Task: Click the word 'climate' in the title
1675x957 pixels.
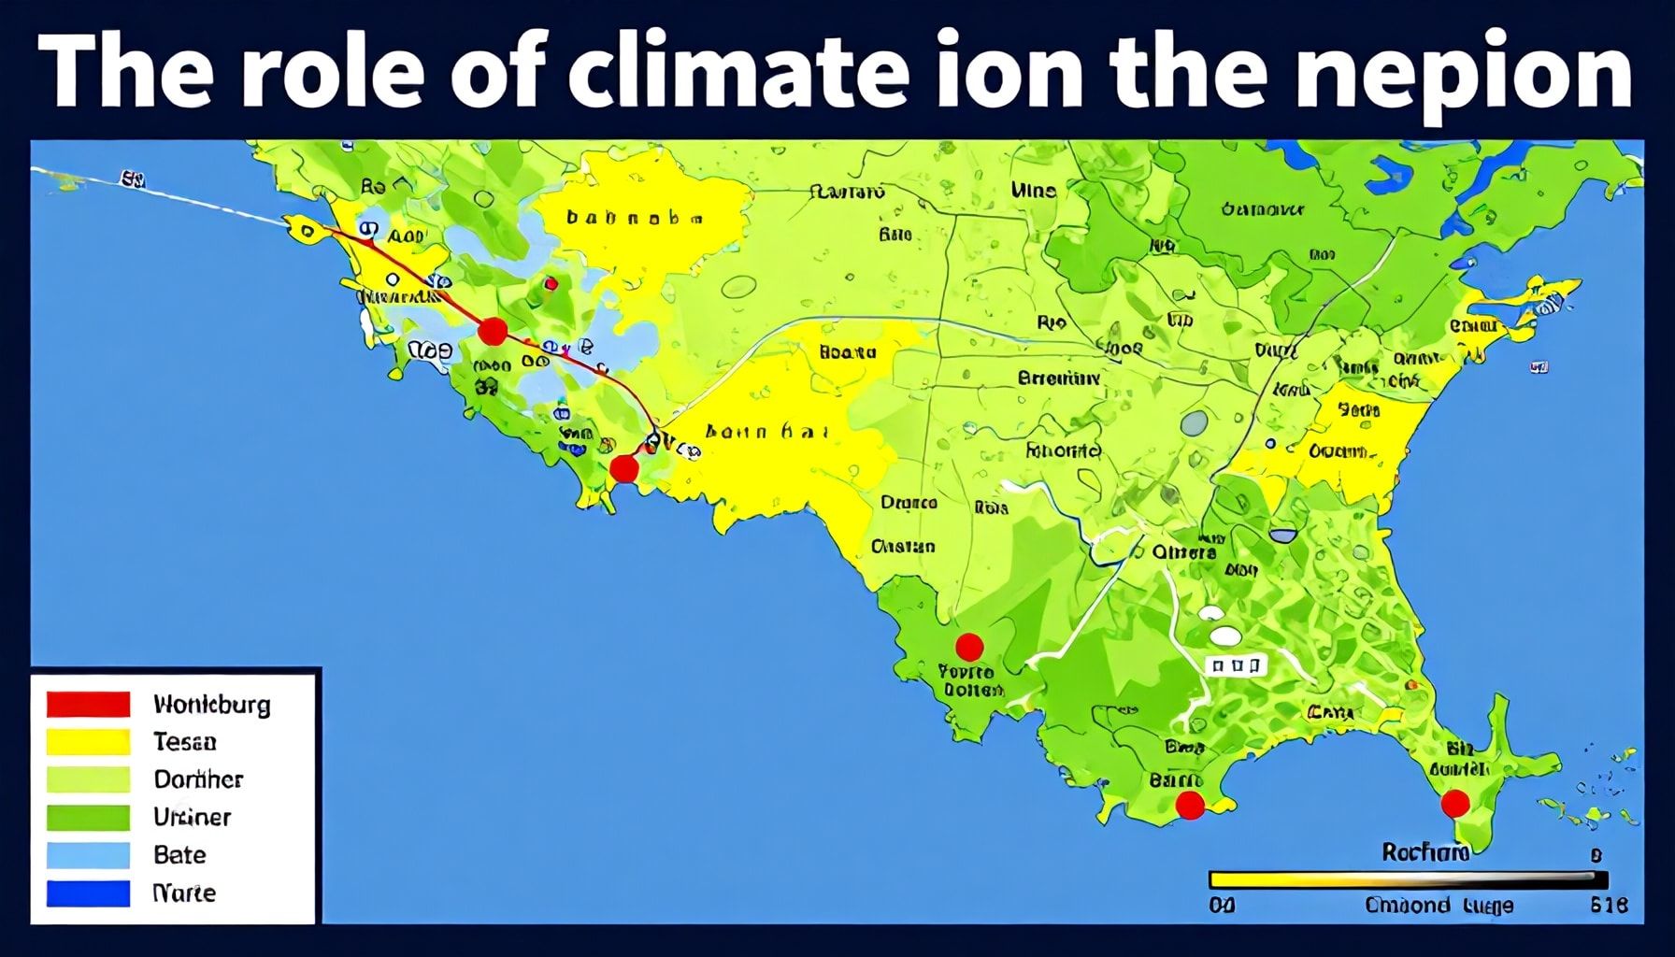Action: pyautogui.click(x=737, y=73)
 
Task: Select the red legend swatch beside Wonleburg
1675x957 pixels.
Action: pyautogui.click(x=88, y=704)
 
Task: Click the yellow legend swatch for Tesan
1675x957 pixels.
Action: pyautogui.click(x=88, y=742)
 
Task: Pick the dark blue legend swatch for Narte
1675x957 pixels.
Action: pyautogui.click(x=88, y=893)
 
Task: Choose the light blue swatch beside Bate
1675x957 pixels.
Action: pyautogui.click(x=88, y=855)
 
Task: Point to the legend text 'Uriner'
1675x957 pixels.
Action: pyautogui.click(x=192, y=817)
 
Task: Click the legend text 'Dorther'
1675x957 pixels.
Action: pyautogui.click(x=198, y=779)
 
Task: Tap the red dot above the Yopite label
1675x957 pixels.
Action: pyautogui.click(x=969, y=646)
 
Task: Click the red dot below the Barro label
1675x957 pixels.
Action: pyautogui.click(x=1189, y=805)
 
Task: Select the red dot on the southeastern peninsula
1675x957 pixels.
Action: pyautogui.click(x=1454, y=803)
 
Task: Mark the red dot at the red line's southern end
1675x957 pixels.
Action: pyautogui.click(x=623, y=468)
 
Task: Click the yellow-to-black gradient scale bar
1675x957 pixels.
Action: pyautogui.click(x=1408, y=879)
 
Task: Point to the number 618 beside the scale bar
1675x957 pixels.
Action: pyautogui.click(x=1608, y=905)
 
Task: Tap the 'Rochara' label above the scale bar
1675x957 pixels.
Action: pyautogui.click(x=1424, y=851)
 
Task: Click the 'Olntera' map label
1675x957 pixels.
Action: pyautogui.click(x=1183, y=552)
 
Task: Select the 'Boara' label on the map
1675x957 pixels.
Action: pyautogui.click(x=847, y=352)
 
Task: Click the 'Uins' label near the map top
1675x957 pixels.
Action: pyautogui.click(x=1033, y=191)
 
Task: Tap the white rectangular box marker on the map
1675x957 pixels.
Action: pyautogui.click(x=1235, y=665)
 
